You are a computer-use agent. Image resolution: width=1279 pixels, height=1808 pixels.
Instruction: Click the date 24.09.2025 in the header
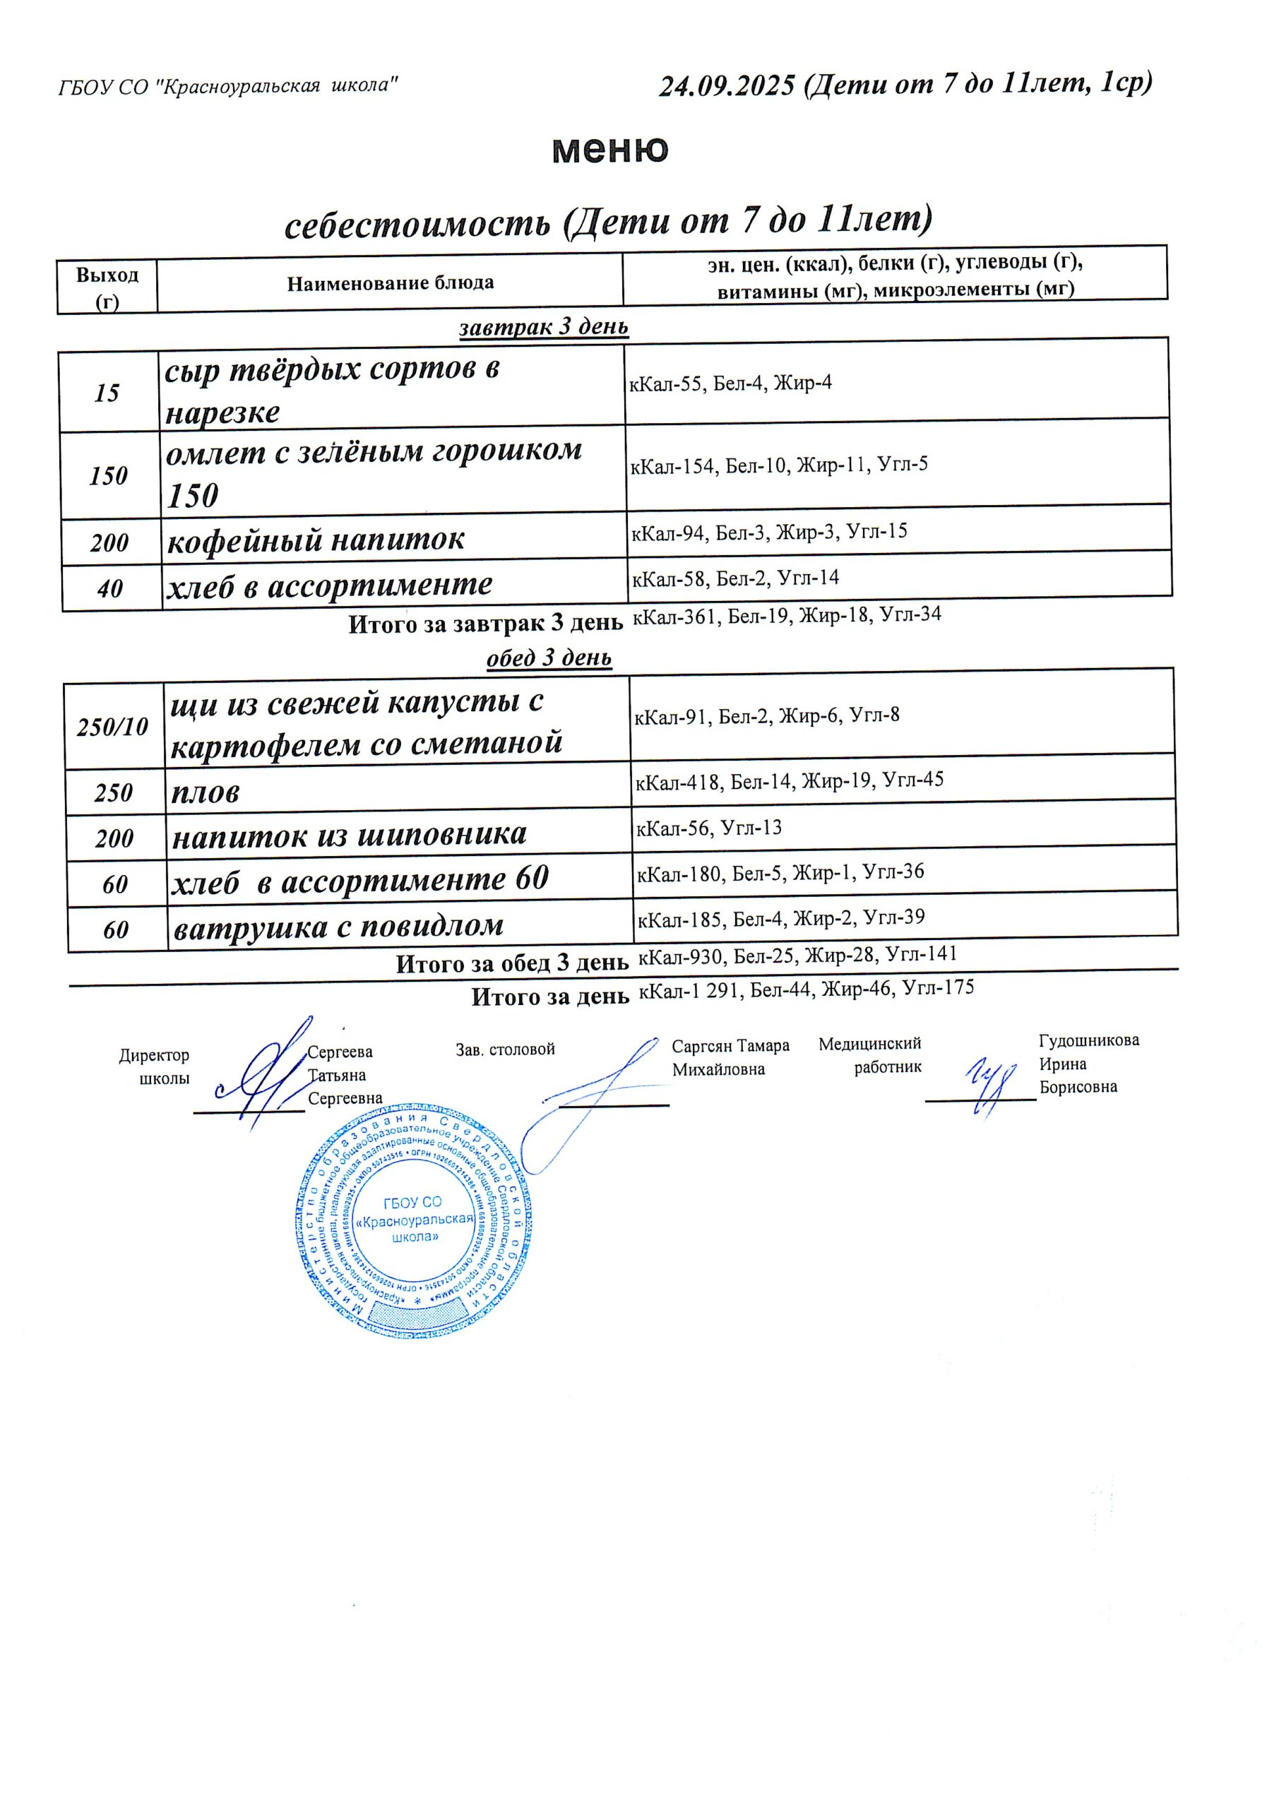click(x=727, y=85)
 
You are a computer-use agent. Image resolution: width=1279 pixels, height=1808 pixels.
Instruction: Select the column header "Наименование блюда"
click(x=390, y=282)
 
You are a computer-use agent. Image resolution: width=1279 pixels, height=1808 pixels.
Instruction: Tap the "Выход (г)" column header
click(x=107, y=287)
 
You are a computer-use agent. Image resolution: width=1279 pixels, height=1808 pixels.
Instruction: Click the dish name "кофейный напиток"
click(x=316, y=540)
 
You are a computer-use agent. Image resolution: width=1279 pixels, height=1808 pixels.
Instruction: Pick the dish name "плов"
click(x=206, y=792)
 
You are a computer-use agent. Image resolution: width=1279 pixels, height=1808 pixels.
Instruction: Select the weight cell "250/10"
click(x=112, y=726)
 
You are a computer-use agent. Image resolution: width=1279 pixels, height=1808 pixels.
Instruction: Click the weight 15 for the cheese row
click(x=107, y=392)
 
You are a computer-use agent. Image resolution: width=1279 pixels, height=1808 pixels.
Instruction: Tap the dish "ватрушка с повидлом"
click(x=338, y=926)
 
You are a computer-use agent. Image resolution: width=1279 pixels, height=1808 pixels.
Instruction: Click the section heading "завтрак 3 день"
click(x=543, y=326)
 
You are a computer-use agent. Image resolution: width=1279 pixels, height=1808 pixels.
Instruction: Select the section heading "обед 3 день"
click(x=549, y=657)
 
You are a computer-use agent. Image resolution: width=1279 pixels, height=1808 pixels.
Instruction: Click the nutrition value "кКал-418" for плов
click(x=677, y=783)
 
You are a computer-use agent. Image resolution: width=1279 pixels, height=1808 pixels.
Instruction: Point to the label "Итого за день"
click(x=549, y=997)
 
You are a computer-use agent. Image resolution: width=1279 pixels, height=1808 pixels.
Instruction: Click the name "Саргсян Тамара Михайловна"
click(x=730, y=1057)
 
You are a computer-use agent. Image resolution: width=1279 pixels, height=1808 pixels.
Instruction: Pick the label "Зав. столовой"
click(x=505, y=1049)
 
